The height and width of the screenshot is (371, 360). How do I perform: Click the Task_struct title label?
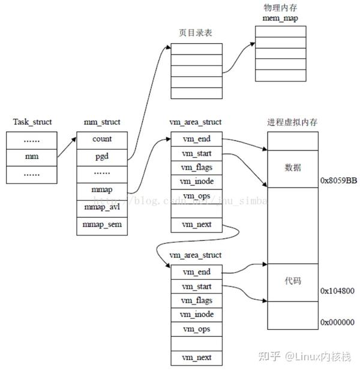tap(32, 122)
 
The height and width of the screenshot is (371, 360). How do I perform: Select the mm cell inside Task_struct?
tap(32, 157)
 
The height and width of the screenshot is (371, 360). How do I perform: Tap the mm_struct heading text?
tap(101, 122)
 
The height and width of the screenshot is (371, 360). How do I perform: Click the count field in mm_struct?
tap(101, 139)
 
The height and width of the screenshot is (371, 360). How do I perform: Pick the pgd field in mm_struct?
tap(101, 156)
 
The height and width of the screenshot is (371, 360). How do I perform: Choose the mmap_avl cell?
tap(101, 208)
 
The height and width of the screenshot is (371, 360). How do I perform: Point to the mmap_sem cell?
tap(101, 225)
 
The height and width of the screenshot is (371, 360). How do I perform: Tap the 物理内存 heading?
tap(280, 8)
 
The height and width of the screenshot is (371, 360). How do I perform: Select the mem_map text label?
tap(280, 19)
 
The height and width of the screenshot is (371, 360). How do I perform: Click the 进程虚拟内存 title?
tap(292, 122)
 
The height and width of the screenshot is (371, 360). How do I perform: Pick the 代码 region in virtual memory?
tap(293, 280)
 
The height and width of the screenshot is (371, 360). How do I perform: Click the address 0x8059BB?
tap(339, 180)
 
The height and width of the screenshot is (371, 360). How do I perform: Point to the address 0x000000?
tap(338, 322)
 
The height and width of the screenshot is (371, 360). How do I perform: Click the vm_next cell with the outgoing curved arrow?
tap(196, 225)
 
